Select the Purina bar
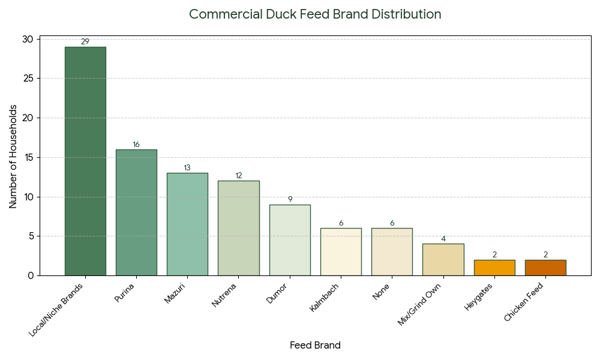pyautogui.click(x=136, y=212)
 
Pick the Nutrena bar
pyautogui.click(x=238, y=228)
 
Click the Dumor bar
pyautogui.click(x=290, y=240)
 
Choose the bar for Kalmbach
pyautogui.click(x=341, y=251)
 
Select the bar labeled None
pyautogui.click(x=392, y=251)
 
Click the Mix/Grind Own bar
pyautogui.click(x=443, y=259)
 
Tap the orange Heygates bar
pyautogui.click(x=494, y=268)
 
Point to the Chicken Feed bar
pyautogui.click(x=545, y=268)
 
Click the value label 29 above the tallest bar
pyautogui.click(x=85, y=42)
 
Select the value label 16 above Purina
pyautogui.click(x=136, y=145)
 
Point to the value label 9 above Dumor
pyautogui.click(x=290, y=200)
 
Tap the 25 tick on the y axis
pyautogui.click(x=29, y=79)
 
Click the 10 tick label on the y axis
pyautogui.click(x=29, y=197)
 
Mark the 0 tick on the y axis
pyautogui.click(x=31, y=275)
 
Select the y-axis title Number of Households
pyautogui.click(x=13, y=157)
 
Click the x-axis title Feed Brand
pyautogui.click(x=315, y=346)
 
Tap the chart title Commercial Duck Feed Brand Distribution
pyautogui.click(x=315, y=14)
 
